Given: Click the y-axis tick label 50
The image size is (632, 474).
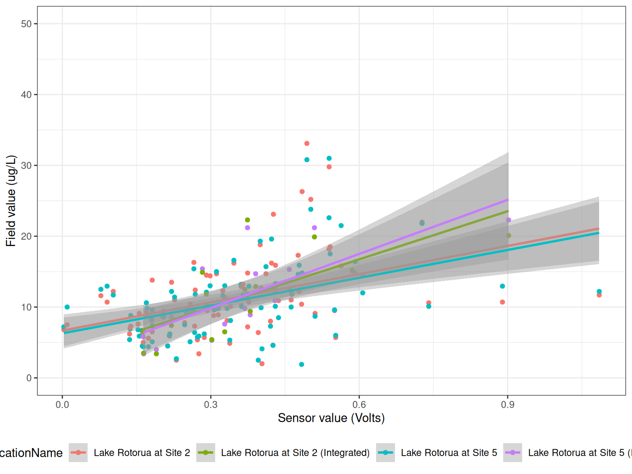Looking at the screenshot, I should coord(26,24).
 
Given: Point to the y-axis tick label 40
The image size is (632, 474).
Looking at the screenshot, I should coord(26,95).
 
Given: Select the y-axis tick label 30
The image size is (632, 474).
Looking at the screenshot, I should coord(26,165).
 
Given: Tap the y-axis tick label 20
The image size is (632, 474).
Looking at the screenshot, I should coord(26,236).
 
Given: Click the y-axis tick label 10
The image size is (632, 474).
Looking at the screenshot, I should coord(26,307).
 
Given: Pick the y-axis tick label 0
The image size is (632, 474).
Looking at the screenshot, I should coord(29,378).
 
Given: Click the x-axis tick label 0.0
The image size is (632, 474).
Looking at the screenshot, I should coord(63,405).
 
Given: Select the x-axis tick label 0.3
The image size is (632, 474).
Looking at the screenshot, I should coord(211,405).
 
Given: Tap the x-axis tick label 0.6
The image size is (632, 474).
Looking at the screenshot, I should coord(359,405).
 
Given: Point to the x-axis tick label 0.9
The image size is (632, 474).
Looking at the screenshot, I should coord(508,405).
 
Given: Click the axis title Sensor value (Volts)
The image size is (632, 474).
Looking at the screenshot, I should coord(331,418).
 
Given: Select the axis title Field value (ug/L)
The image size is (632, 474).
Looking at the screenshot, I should coord(11,201).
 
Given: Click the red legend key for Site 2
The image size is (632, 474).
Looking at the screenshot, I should coord(78,453).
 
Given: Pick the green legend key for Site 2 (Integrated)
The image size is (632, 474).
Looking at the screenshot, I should coord(206,453).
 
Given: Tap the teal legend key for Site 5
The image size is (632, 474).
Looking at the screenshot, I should coord(386,453).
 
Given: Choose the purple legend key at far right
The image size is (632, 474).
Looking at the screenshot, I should coord(513,453).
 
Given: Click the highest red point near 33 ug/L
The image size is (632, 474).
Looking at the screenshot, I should coord(307,144).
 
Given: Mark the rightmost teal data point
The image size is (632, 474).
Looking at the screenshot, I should coord(599,291).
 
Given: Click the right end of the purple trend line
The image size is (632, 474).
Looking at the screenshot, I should coord(508,200).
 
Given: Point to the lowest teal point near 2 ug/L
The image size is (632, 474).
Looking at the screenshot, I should coord(302,365).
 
